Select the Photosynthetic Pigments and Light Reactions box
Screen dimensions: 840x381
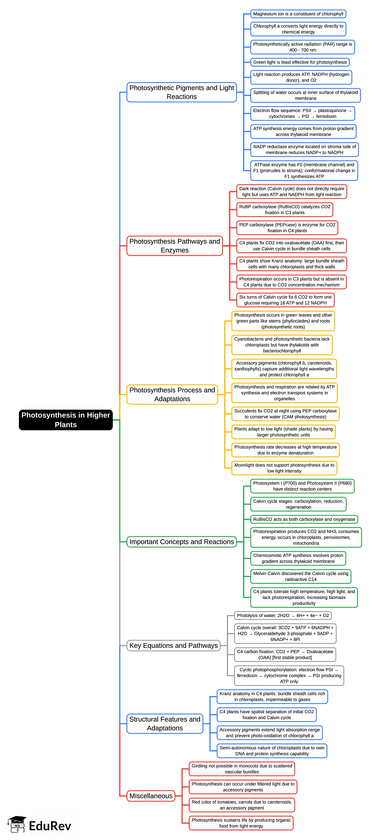click(x=182, y=92)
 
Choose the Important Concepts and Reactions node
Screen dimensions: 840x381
click(x=182, y=542)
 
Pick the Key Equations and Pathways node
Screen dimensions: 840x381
click(x=173, y=645)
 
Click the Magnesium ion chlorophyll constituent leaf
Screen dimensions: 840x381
click(x=298, y=14)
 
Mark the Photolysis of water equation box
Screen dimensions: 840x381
click(x=283, y=615)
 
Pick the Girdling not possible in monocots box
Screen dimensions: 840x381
click(x=242, y=769)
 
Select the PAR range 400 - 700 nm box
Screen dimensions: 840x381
click(x=302, y=47)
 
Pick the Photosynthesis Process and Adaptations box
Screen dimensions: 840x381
click(x=172, y=394)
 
